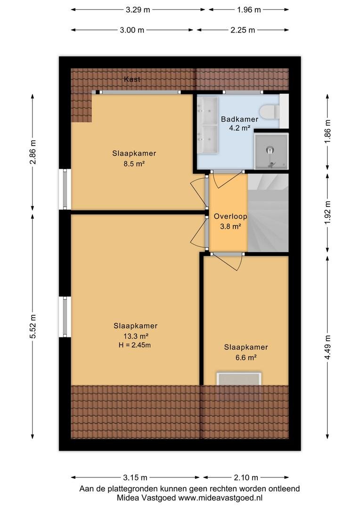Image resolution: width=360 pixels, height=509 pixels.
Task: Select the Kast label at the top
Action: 132,79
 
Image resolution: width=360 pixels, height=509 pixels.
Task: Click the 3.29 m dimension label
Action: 138,10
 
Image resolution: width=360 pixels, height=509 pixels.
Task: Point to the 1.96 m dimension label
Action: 249,10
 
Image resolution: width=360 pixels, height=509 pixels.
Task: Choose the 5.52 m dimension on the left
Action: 33,326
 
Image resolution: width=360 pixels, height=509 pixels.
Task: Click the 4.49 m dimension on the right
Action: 328,347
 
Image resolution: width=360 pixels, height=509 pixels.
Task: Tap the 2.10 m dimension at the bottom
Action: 246,477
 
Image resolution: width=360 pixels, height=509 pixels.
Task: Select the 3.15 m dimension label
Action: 135,477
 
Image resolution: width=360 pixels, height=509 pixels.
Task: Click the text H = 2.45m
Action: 135,345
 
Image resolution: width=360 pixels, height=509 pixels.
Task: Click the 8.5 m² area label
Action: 134,164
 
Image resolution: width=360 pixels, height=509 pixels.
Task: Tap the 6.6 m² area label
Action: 246,357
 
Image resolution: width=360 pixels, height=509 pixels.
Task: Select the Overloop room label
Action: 230,216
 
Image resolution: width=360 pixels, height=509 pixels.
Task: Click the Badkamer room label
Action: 239,119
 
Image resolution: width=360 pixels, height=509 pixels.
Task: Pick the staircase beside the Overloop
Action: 268,213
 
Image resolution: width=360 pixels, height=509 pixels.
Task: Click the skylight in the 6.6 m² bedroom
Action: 239,379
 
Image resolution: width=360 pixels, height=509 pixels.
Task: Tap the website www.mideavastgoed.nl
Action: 221,498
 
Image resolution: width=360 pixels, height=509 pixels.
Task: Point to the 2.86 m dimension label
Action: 33,152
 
